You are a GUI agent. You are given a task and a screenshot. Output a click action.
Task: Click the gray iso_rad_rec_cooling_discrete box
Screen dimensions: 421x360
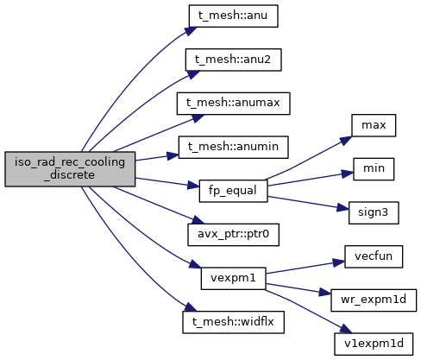point(70,169)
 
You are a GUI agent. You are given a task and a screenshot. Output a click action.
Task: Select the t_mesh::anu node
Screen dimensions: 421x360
point(233,16)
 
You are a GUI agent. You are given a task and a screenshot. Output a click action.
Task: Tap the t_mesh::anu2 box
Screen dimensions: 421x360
point(233,60)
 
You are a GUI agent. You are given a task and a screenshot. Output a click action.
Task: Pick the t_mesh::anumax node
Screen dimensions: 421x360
point(233,104)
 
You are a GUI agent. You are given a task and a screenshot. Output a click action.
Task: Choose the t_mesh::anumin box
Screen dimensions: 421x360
point(233,147)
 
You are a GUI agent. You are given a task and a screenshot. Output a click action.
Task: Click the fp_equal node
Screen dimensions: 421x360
point(233,191)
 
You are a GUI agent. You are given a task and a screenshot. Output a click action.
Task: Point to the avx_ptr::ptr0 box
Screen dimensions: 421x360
point(233,235)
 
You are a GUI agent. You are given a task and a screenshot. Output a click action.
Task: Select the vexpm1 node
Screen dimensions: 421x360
point(233,278)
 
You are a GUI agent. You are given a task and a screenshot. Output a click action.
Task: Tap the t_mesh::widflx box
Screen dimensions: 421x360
point(233,322)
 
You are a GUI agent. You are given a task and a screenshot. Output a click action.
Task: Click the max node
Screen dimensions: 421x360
point(374,125)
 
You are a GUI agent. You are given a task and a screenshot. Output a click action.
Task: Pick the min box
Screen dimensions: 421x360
point(374,169)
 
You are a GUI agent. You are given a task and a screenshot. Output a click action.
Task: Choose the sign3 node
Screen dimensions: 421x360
point(374,212)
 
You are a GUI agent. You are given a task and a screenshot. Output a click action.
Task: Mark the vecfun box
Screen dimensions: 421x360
point(374,256)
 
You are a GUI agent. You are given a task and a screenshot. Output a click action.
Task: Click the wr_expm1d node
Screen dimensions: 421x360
point(374,300)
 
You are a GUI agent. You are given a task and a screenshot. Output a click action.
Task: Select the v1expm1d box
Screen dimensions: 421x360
point(374,344)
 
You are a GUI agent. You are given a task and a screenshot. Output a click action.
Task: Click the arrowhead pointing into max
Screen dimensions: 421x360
point(346,141)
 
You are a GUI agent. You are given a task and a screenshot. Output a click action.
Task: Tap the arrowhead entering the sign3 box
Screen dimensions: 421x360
point(342,208)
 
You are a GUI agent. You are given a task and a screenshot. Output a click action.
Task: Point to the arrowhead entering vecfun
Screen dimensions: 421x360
point(339,262)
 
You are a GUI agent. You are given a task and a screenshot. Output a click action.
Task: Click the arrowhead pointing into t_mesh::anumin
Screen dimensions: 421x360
point(173,156)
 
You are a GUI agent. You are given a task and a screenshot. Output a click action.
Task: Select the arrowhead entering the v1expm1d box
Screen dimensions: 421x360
point(346,328)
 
